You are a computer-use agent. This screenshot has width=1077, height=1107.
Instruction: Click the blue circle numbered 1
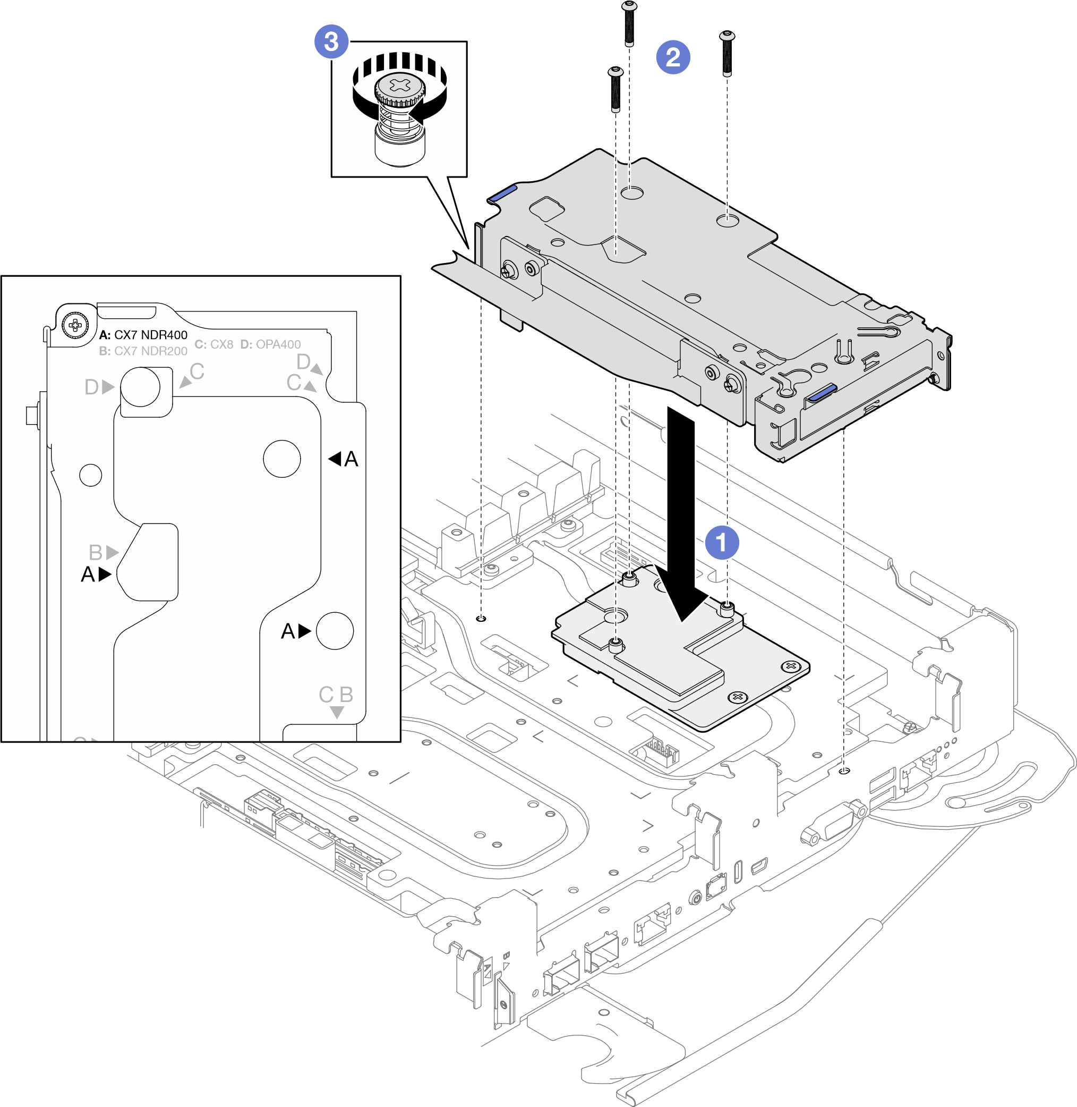(722, 542)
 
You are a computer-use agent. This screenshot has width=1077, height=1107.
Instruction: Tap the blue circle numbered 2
(672, 57)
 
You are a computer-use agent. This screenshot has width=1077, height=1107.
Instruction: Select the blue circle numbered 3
(331, 41)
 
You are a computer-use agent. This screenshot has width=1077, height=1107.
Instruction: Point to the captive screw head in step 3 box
(400, 88)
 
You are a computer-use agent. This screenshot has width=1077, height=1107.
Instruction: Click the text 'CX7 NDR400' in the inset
(150, 335)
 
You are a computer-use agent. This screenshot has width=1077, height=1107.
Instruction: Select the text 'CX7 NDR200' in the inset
(150, 351)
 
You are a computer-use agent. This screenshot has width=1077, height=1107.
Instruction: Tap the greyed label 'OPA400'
(278, 344)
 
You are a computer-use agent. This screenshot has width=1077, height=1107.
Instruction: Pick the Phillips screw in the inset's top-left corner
(75, 325)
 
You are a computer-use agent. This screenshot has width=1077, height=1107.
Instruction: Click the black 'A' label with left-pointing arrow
(344, 459)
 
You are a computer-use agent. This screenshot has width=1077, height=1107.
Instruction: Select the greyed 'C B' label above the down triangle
(336, 695)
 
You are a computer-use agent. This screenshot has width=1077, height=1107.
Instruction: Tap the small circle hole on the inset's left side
(90, 475)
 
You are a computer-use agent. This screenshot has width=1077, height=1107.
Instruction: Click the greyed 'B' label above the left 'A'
(96, 552)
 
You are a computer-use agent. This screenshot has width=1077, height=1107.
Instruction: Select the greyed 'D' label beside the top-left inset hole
(92, 387)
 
